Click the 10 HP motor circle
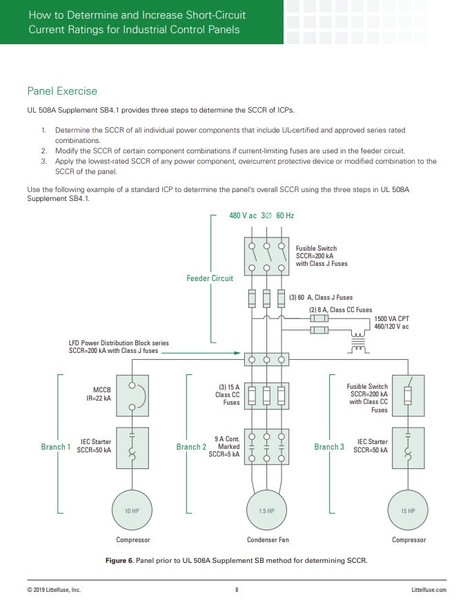point(132,510)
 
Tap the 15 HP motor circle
point(408,510)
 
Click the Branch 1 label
point(55,447)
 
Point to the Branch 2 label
point(191,447)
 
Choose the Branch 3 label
point(329,447)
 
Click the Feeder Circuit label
point(210,278)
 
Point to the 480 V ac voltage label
point(243,215)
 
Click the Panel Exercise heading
point(62,91)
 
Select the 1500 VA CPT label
point(391,318)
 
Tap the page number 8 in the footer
point(237,590)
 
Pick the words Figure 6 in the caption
point(119,560)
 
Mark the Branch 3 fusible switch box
point(408,395)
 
